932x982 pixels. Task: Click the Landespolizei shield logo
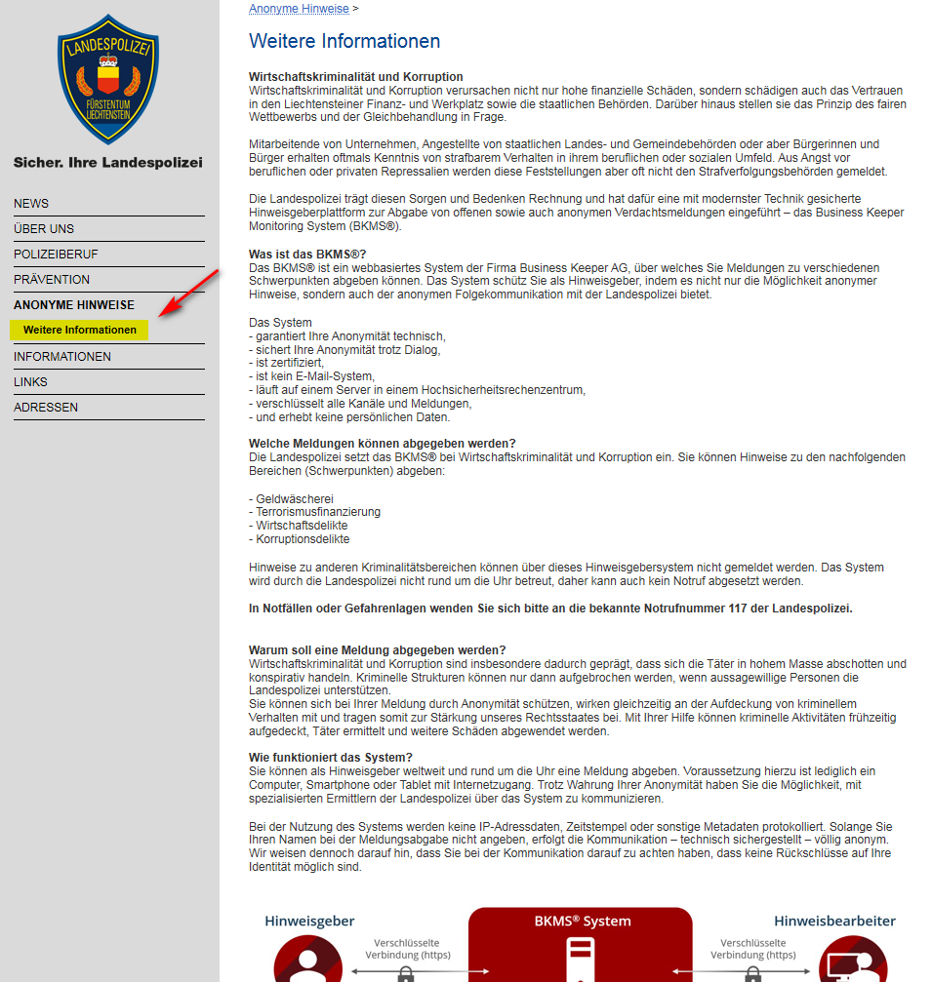tap(108, 80)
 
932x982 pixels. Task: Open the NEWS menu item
tap(31, 204)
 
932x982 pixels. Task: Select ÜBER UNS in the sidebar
tap(44, 229)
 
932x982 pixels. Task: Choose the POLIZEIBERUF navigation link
tap(56, 255)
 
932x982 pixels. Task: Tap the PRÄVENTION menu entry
tap(52, 280)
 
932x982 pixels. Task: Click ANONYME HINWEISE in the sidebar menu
tap(74, 305)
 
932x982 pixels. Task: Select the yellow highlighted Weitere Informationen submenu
tap(80, 330)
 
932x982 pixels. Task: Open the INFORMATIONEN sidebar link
tap(62, 357)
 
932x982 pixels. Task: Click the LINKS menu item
tap(30, 382)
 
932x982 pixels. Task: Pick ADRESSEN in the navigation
tap(46, 408)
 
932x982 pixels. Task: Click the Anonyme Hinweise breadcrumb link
tap(299, 9)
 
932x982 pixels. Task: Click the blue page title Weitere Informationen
tap(344, 41)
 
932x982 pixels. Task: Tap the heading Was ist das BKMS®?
tap(307, 255)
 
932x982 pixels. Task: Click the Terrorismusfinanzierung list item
tap(317, 512)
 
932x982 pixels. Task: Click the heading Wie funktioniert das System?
tap(331, 758)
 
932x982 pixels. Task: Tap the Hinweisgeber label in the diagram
tap(309, 921)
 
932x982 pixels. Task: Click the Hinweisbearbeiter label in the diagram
tap(834, 921)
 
